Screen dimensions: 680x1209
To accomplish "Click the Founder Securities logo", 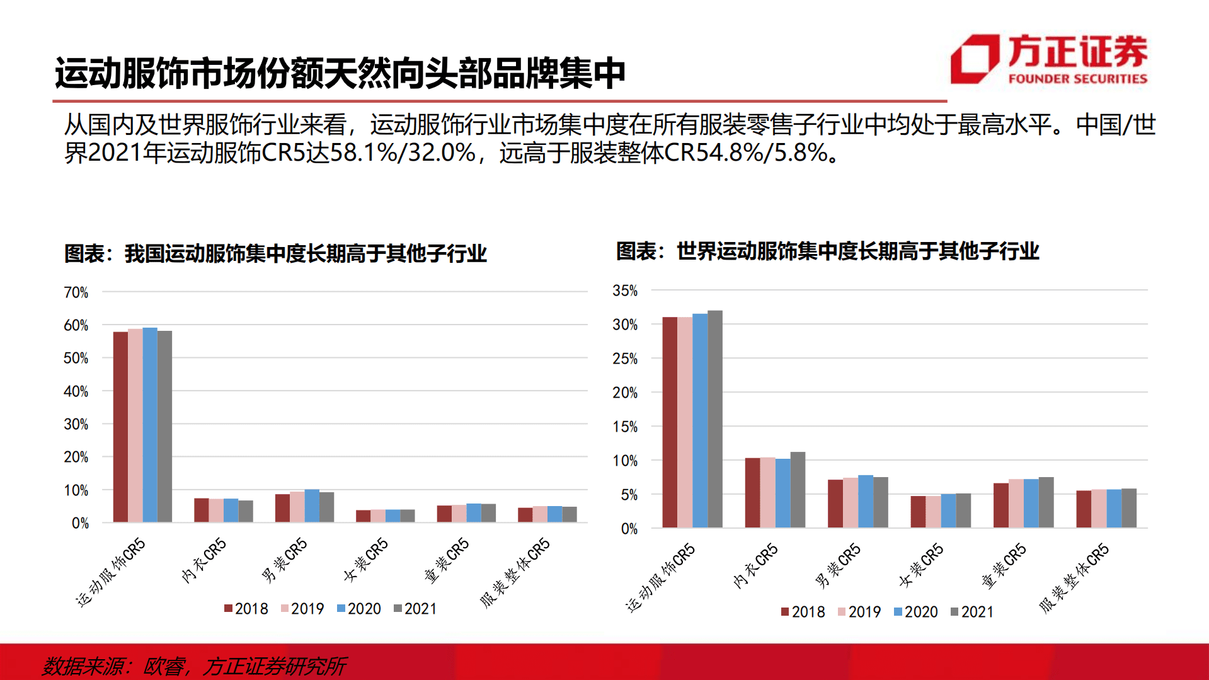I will tap(1048, 59).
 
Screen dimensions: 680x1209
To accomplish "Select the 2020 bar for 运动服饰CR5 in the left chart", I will tap(150, 425).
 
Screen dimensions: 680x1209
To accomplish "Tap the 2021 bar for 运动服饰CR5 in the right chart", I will tap(715, 419).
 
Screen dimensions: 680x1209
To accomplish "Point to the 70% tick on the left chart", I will tap(76, 292).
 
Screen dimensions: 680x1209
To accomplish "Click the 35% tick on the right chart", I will tap(625, 291).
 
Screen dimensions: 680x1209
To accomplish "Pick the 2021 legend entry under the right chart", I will tap(971, 612).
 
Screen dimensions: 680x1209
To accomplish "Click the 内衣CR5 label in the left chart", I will tap(203, 560).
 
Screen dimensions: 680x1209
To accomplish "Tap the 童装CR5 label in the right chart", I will tap(1004, 565).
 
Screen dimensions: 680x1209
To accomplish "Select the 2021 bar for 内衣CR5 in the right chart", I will tap(798, 490).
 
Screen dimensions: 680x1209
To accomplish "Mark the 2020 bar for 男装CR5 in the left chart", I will tap(312, 505).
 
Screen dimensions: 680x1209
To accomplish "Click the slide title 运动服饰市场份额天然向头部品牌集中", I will tap(340, 73).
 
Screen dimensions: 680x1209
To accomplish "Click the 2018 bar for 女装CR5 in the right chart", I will tap(918, 512).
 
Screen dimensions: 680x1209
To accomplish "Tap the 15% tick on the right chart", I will tap(625, 427).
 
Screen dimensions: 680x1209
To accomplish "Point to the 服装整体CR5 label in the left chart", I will tap(515, 572).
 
